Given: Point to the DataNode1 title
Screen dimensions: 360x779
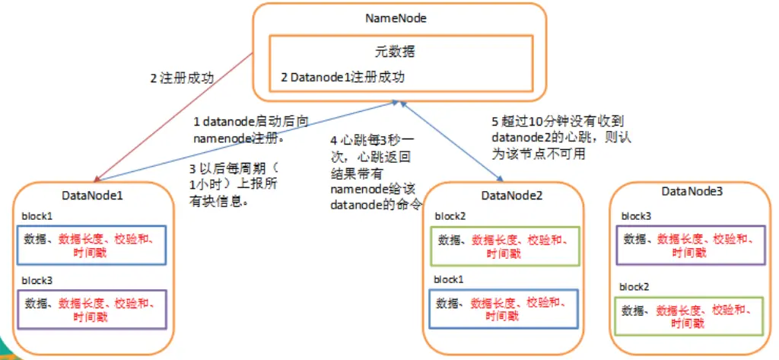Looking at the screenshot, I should [x=92, y=195].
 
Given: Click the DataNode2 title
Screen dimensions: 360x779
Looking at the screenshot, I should [x=512, y=196].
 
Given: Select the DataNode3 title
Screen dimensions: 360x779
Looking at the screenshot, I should [x=692, y=190].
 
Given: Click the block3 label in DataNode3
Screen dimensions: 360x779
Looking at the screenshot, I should [x=636, y=216].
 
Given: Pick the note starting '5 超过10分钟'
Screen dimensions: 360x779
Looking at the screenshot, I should [x=562, y=137].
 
